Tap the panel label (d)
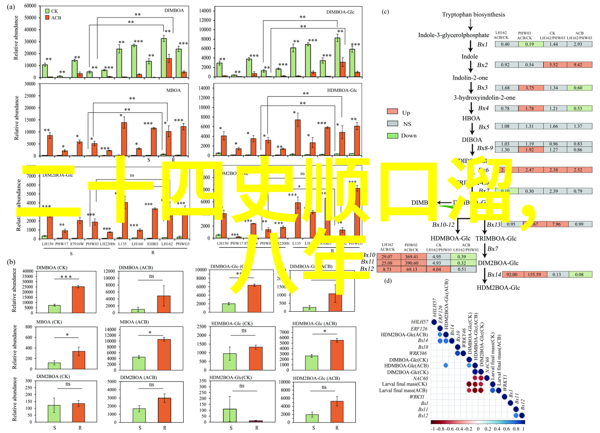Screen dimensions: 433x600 tap(388, 280)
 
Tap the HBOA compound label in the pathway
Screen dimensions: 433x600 tap(471, 118)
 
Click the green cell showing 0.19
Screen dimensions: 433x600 tap(531, 44)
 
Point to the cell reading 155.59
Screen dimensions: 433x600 tap(531, 274)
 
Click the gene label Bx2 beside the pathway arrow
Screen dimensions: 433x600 tap(482, 65)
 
